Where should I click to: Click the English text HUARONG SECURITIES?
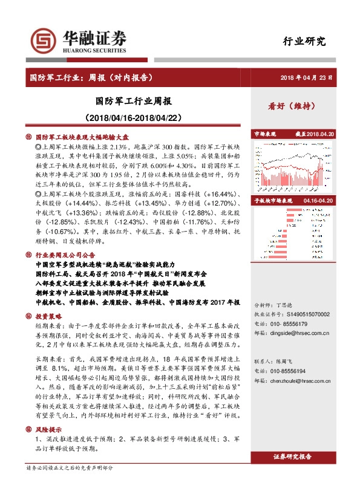(x=95, y=51)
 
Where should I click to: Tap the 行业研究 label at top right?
(x=304, y=42)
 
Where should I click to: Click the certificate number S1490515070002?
(x=308, y=314)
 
